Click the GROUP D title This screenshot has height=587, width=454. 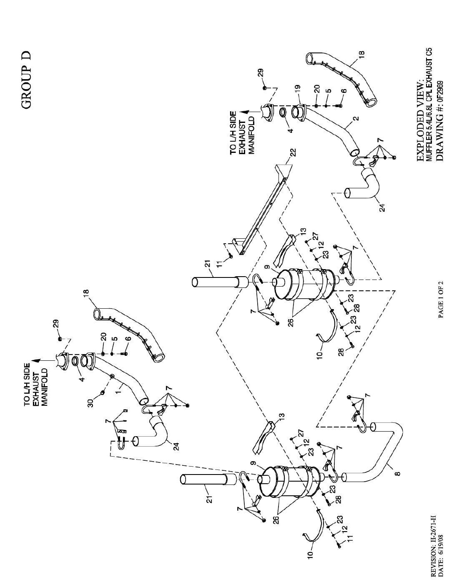(27, 80)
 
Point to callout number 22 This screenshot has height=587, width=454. (293, 152)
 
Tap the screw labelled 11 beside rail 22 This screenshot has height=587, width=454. (231, 256)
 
